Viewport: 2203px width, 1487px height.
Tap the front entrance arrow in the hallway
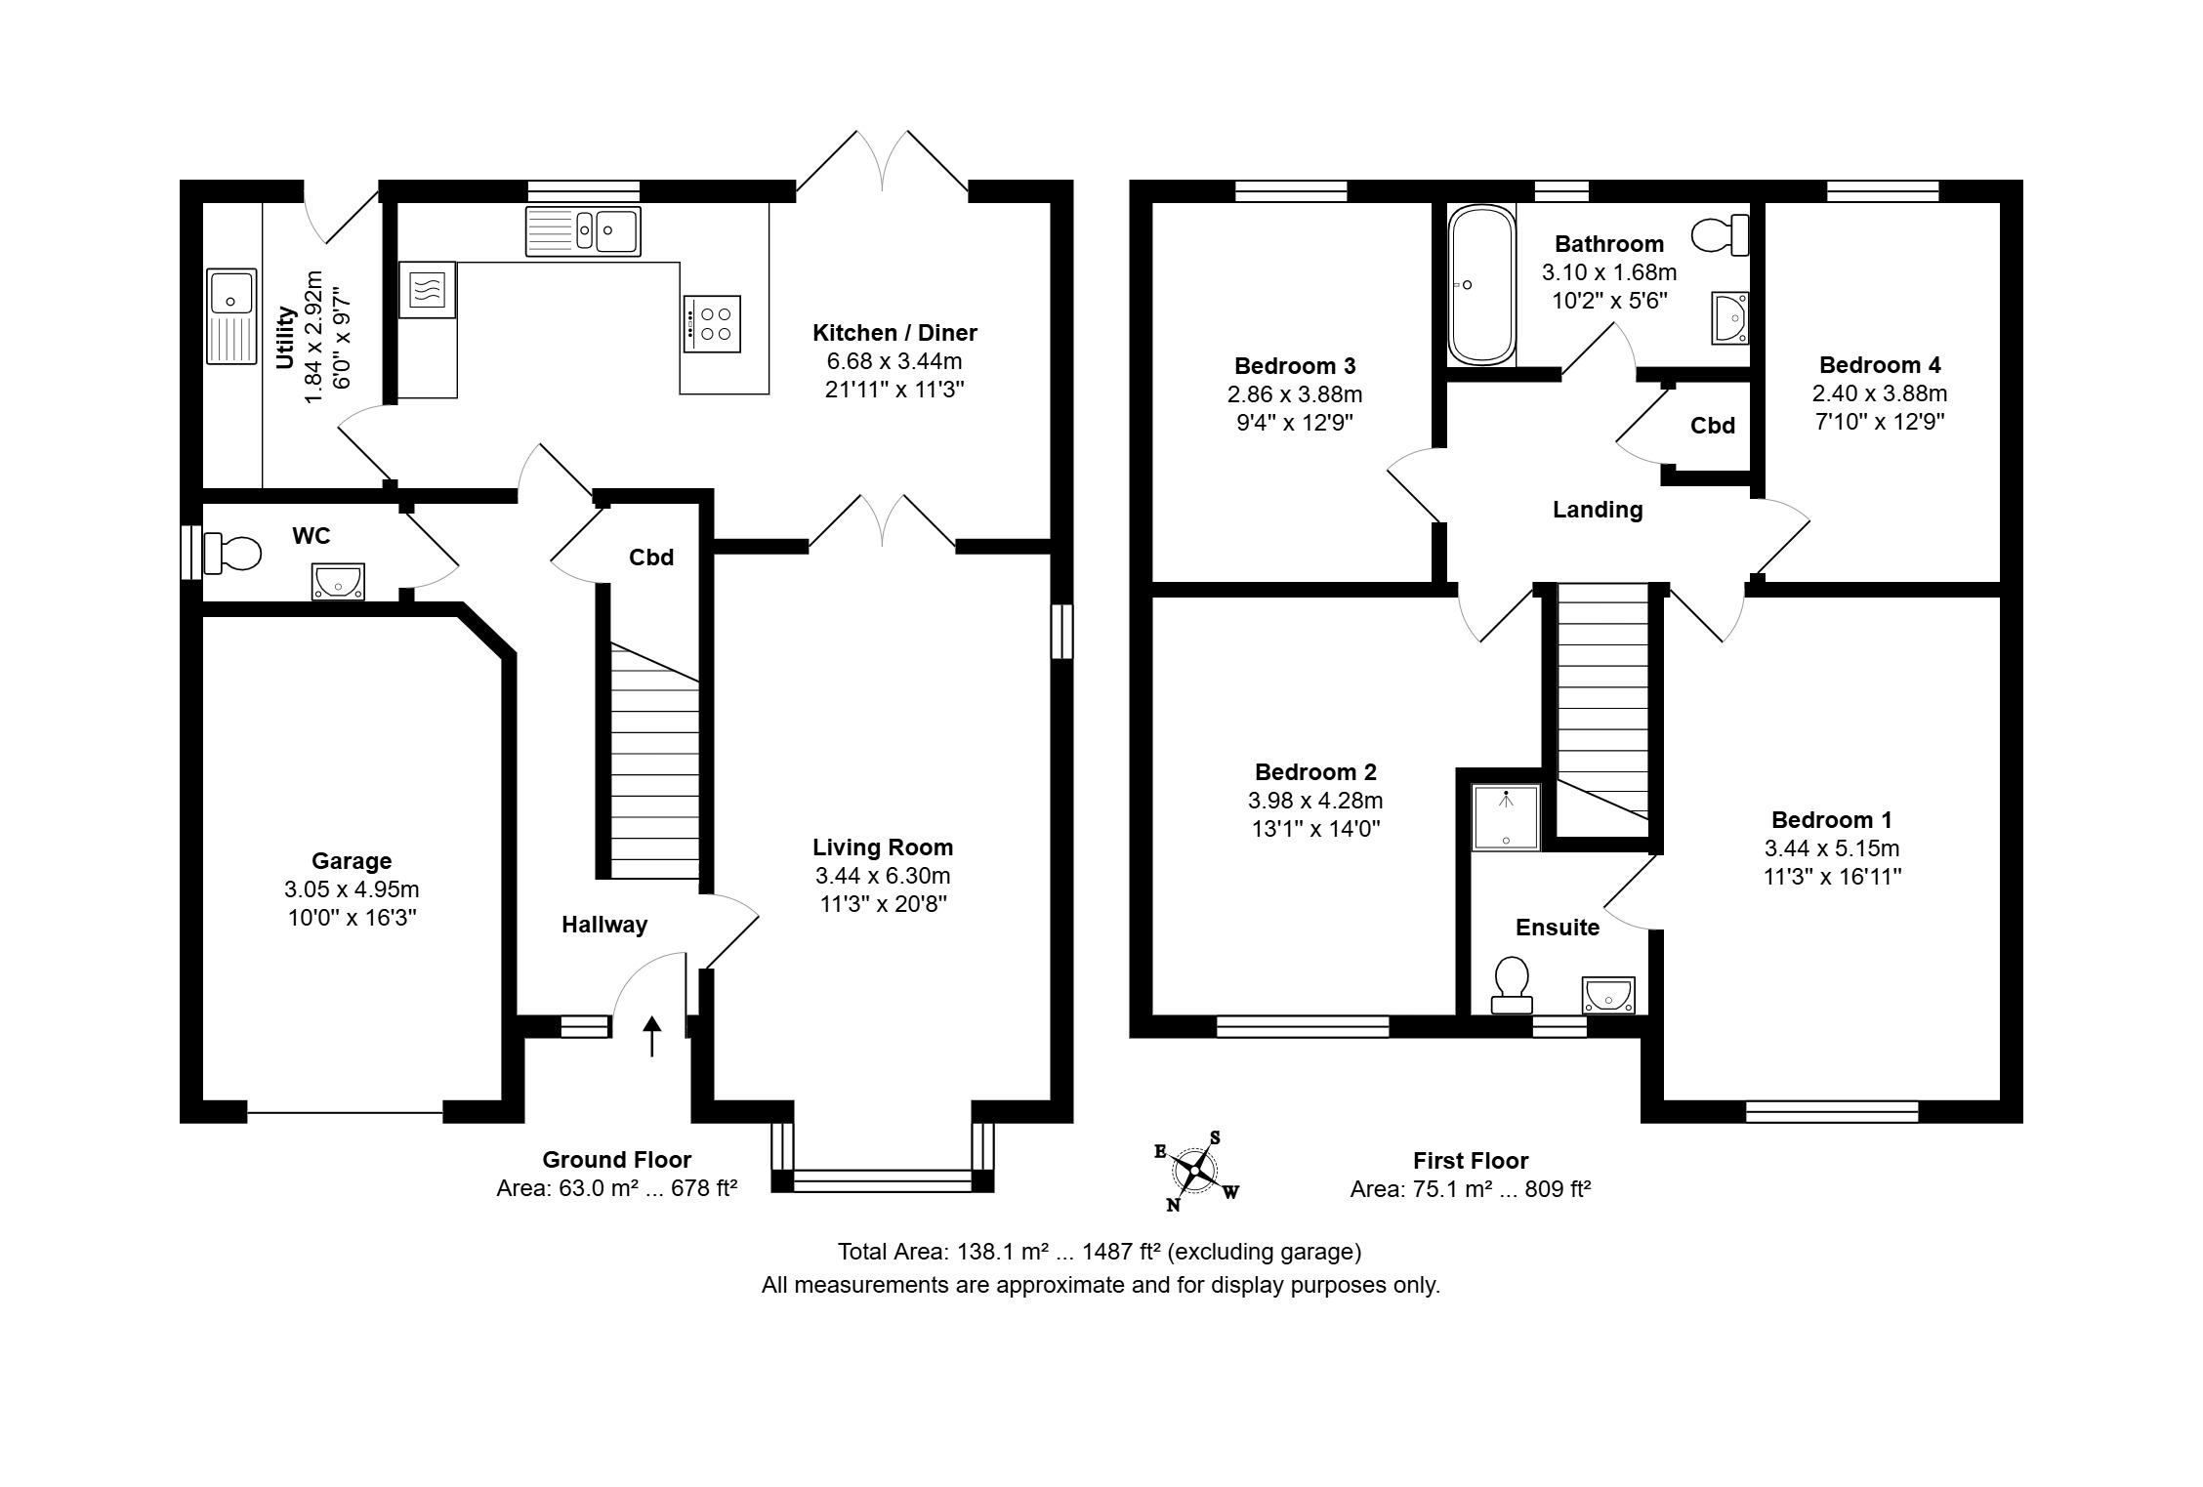click(651, 1037)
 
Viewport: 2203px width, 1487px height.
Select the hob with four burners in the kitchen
click(712, 323)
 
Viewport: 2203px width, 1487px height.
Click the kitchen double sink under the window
click(583, 231)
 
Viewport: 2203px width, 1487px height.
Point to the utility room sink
click(231, 316)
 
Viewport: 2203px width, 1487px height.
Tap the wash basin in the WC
click(338, 582)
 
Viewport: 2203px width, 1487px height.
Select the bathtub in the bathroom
click(1481, 285)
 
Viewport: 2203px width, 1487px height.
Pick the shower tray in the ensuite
click(1507, 816)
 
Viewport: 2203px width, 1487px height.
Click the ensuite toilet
click(1512, 984)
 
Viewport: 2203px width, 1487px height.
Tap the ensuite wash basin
click(1608, 995)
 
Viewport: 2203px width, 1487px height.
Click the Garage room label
click(352, 861)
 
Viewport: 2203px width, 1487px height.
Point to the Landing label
click(1598, 510)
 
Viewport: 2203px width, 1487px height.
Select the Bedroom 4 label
click(1880, 365)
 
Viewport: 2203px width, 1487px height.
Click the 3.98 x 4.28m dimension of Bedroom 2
click(1315, 801)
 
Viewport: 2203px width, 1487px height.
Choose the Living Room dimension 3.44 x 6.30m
click(883, 876)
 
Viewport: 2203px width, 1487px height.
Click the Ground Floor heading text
click(617, 1160)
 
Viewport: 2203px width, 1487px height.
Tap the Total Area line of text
click(1100, 1252)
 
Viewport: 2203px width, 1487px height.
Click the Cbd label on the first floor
click(1713, 426)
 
